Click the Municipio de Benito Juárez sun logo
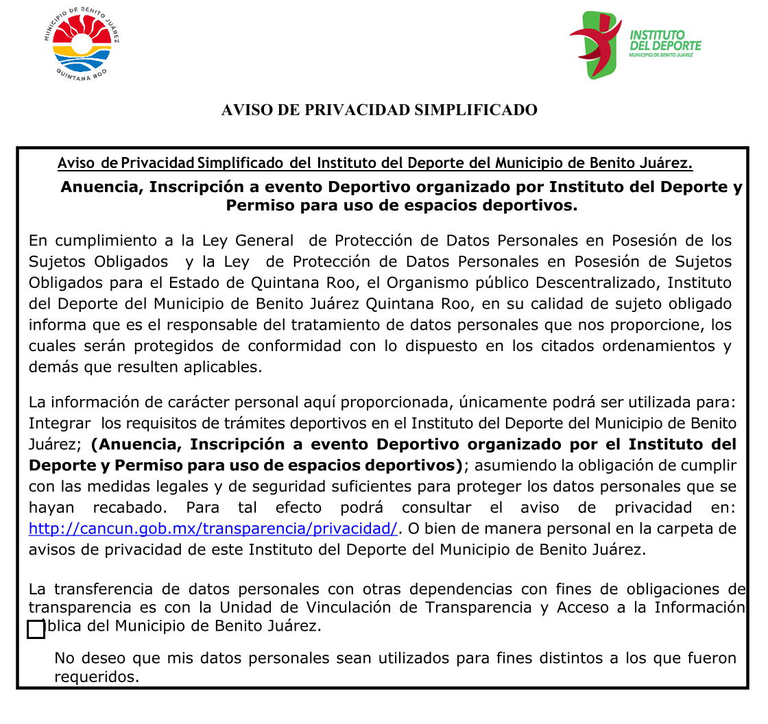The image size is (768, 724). coord(82,45)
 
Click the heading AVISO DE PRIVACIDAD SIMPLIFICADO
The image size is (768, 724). coord(379,110)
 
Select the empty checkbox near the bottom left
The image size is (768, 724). coord(36,629)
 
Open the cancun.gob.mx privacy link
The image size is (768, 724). coord(213,529)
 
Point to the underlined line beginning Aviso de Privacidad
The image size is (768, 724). coord(374,163)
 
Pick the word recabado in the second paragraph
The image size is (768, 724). coord(130,508)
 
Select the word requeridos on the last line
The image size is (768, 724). coord(96,677)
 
